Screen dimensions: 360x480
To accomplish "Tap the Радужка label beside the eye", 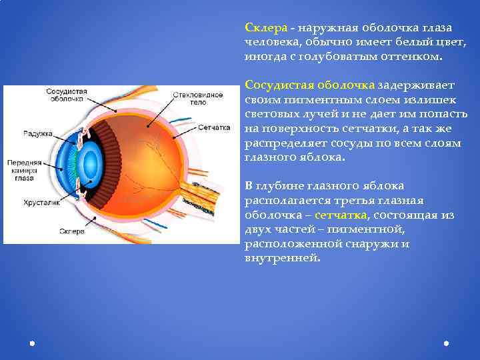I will [38, 134].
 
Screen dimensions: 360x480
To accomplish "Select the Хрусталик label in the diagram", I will [42, 202].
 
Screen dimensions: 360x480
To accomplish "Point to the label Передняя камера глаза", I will [25, 170].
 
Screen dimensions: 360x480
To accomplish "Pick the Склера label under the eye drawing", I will [72, 231].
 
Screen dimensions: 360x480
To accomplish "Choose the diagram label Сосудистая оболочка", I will [65, 94].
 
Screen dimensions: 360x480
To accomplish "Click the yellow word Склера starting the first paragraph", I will [266, 28].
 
